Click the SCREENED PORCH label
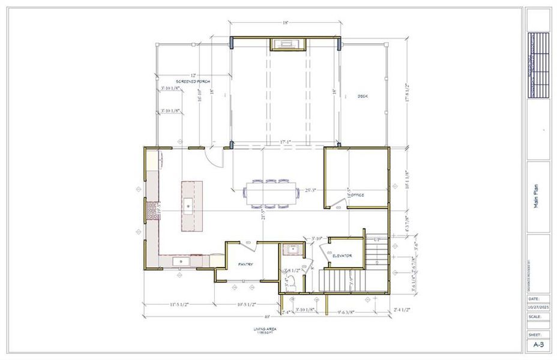tap(193, 81)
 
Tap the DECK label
tap(362, 96)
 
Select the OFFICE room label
tap(357, 195)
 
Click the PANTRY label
tap(245, 264)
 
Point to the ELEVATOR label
tap(342, 256)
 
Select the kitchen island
tap(192, 205)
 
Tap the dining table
tap(272, 193)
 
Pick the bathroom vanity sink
tap(294, 250)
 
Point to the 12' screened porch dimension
tap(178, 74)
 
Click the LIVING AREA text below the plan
tap(265, 329)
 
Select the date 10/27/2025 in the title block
tap(538, 307)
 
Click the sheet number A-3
tap(538, 345)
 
